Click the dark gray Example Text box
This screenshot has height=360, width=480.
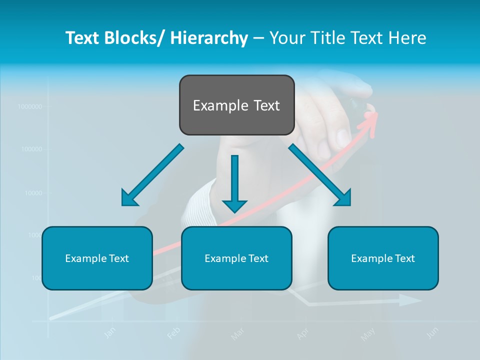click(236, 105)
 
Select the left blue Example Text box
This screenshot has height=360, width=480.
click(97, 258)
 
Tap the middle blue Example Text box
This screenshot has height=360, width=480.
click(236, 258)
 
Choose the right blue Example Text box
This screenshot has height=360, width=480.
click(383, 258)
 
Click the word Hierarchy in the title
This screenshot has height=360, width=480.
click(208, 38)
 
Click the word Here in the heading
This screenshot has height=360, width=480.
click(407, 38)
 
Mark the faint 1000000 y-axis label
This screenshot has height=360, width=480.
click(29, 106)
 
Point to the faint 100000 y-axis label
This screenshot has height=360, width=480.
click(31, 149)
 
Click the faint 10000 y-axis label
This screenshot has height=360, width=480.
click(33, 192)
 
